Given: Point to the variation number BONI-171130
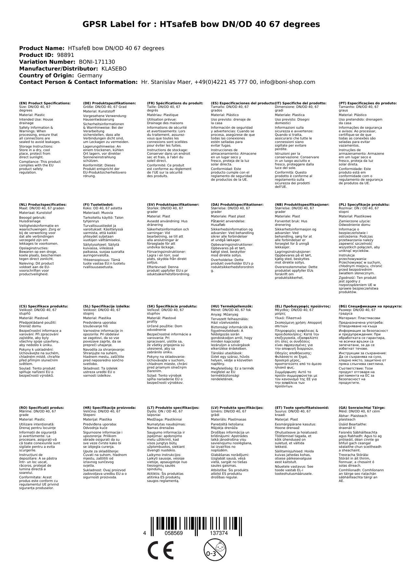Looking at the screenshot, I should pyautogui.click(x=97, y=62).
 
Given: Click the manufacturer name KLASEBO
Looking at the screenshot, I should pyautogui.click(x=114, y=69).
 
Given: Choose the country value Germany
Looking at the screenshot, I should pyautogui.click(x=90, y=75).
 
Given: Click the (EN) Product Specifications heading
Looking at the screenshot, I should pyautogui.click(x=45, y=103).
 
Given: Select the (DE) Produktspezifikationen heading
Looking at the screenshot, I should pyautogui.click(x=109, y=103).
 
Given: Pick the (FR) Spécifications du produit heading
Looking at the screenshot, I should pyautogui.click(x=175, y=103).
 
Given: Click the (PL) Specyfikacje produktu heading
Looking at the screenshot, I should pyautogui.click(x=364, y=205).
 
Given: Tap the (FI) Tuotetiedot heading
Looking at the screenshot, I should pyautogui.click(x=98, y=205).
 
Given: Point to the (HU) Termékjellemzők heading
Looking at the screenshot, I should pyautogui.click(x=232, y=306).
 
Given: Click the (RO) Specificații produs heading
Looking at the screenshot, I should pyautogui.click(x=42, y=408).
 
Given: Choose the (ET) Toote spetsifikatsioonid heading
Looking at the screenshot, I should pyautogui.click(x=302, y=408).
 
